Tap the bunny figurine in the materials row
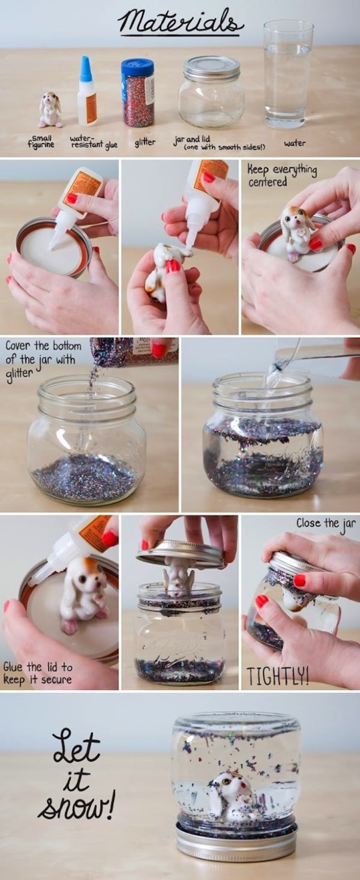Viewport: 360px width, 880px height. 50,110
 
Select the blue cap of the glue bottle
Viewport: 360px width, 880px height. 86,69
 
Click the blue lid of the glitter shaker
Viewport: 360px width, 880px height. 137,67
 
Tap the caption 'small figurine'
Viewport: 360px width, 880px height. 41,141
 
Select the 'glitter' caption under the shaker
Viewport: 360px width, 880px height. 145,142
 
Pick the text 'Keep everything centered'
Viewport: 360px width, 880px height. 282,175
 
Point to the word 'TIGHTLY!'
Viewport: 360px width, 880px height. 278,675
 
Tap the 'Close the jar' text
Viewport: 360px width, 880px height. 326,523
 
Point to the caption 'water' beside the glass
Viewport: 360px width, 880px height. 295,143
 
